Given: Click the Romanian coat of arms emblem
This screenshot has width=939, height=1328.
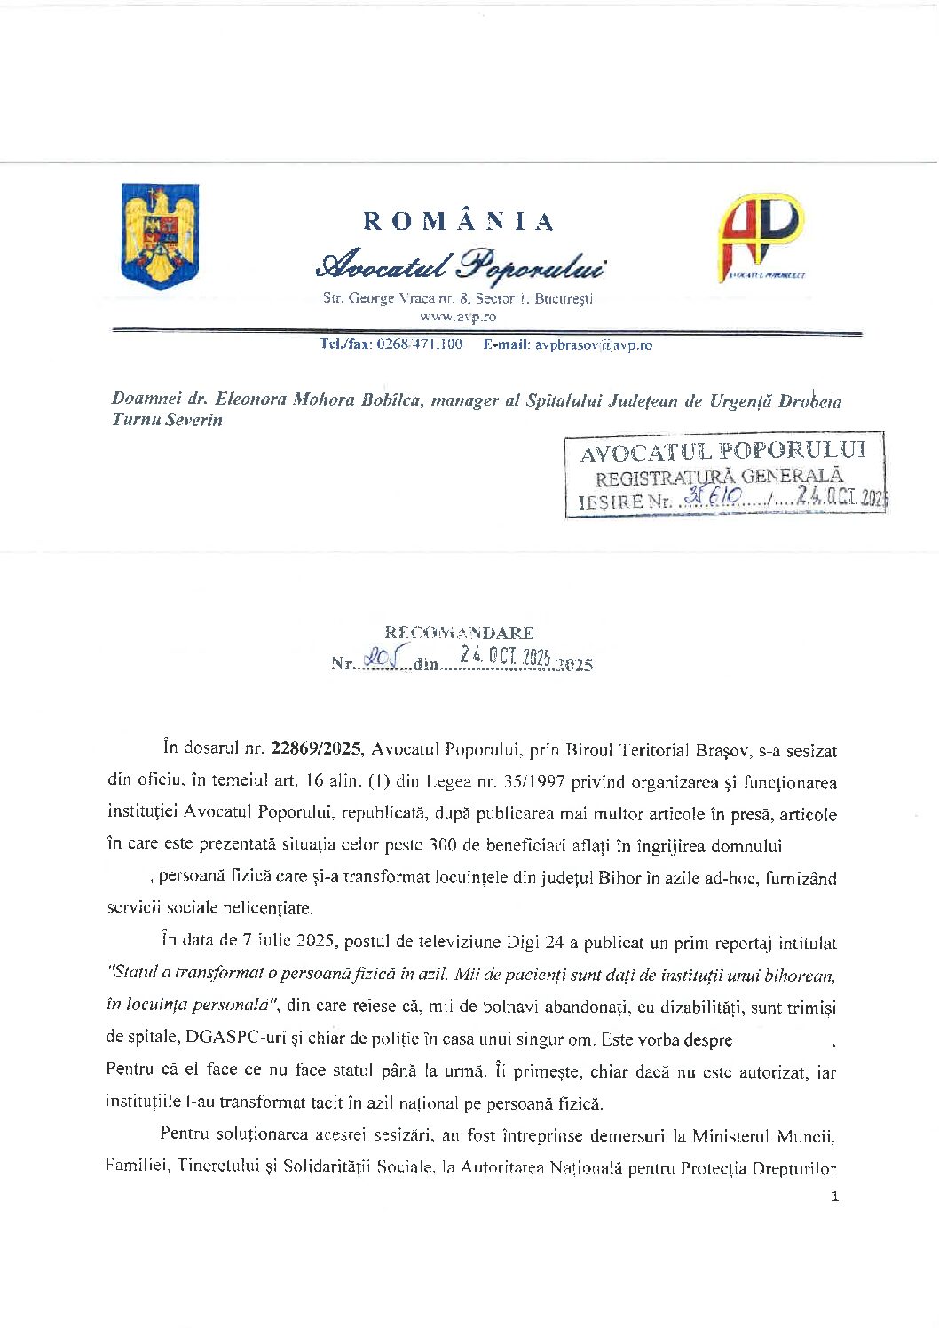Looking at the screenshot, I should pos(160,235).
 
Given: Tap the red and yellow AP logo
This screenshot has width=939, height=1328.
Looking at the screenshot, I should pos(761,237).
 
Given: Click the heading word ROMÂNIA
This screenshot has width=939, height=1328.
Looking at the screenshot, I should pos(459,221).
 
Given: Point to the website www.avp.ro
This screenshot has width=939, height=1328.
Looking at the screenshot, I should pos(458,316).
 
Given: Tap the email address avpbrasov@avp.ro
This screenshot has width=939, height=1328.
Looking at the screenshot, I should pos(593,344).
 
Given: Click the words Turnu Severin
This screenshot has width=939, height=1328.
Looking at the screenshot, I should pos(167,420).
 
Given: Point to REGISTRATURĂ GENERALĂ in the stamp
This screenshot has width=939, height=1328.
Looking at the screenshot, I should pos(718,477).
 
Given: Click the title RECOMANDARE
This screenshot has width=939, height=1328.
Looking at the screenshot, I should pos(459,632).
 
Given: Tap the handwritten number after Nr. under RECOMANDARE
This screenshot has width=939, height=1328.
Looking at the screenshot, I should pos(385,660).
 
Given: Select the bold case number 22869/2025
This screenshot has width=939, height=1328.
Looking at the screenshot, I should pos(316,749).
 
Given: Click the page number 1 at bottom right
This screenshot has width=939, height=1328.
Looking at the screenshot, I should pos(834,1197).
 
